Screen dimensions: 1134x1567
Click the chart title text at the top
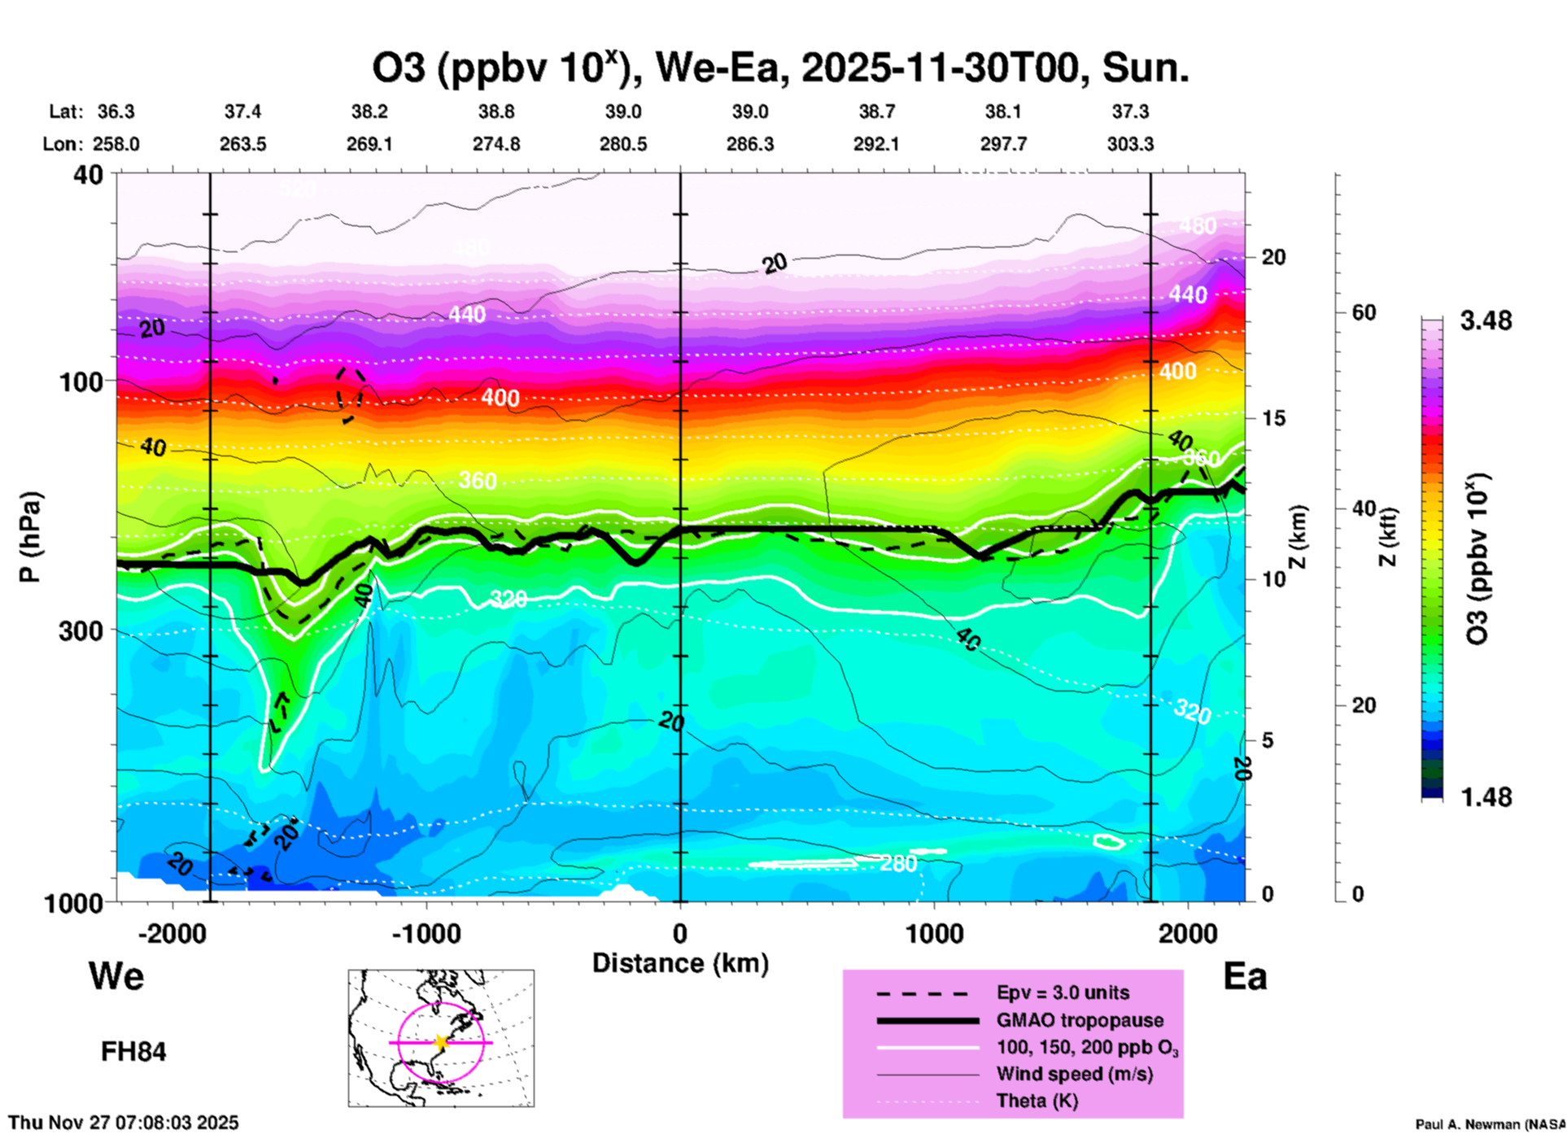pos(780,68)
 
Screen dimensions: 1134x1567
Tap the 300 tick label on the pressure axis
pos(81,630)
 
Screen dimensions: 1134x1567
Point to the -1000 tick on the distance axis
pos(426,933)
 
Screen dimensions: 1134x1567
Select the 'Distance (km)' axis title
pos(680,963)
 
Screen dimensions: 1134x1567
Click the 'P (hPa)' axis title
pos(29,537)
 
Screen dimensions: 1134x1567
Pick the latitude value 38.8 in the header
pos(495,111)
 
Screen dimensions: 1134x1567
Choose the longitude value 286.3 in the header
pos(749,144)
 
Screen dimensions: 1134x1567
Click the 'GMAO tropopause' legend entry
pos(1079,1020)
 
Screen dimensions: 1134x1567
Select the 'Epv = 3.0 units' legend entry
pos(1062,992)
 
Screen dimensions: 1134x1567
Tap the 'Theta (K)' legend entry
pos(1037,1101)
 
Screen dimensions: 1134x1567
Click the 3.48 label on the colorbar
pos(1486,321)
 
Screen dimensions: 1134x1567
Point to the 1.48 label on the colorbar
pos(1486,796)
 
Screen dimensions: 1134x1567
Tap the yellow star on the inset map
pos(441,1041)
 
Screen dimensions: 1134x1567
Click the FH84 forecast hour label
pos(133,1052)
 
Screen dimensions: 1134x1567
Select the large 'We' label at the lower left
pos(116,975)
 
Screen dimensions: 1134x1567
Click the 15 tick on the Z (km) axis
pos(1272,418)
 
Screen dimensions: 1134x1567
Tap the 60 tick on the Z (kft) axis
pos(1364,312)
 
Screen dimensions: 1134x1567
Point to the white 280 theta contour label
pos(898,863)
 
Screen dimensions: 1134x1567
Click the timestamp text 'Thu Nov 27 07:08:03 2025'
pos(124,1123)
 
